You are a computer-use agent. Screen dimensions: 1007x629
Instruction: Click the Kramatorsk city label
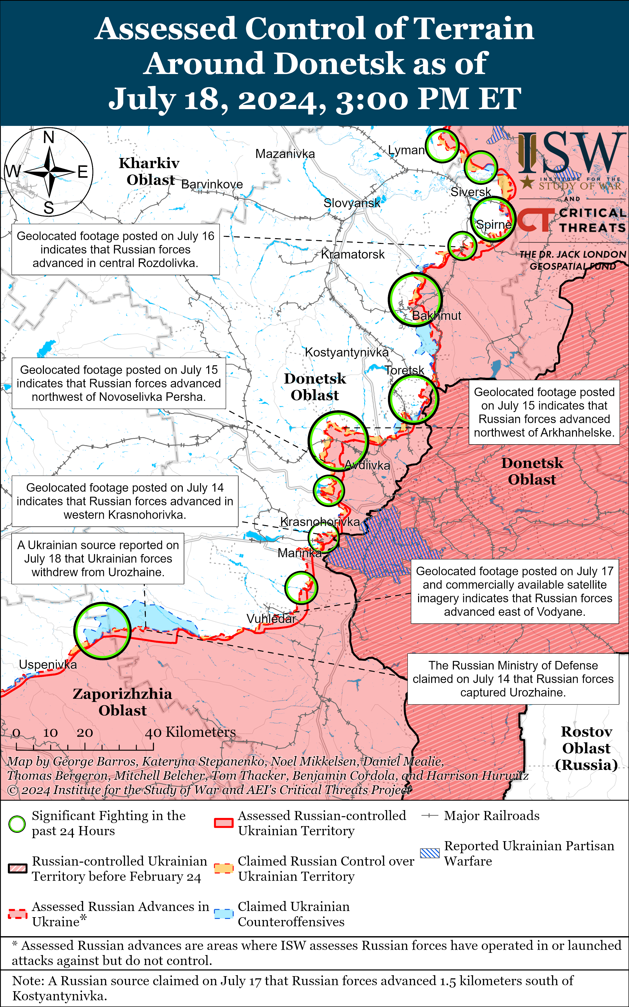(353, 254)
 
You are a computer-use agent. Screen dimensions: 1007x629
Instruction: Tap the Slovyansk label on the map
(352, 203)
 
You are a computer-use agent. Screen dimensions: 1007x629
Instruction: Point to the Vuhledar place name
(271, 619)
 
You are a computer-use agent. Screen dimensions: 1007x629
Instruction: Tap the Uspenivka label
(48, 664)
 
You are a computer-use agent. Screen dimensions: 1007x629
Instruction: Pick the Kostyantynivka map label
(347, 352)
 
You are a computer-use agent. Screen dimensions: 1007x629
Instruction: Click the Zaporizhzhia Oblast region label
(122, 702)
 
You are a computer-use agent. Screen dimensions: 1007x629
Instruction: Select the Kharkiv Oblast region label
(149, 171)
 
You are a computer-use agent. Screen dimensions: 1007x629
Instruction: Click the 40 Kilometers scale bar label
(190, 732)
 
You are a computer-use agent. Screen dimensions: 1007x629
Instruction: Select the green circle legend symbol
(17, 824)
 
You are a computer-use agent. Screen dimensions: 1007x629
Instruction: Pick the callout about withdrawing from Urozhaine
(98, 559)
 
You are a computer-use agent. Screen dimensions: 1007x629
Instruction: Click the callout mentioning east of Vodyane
(515, 591)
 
